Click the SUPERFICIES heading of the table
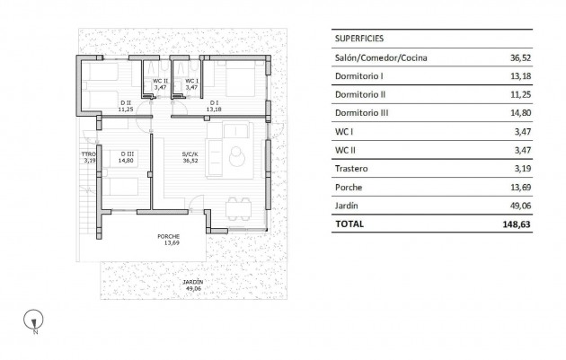pos(359,40)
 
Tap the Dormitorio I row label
pos(358,76)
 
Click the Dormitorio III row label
pos(361,113)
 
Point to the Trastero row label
pos(351,168)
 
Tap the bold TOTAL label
pos(349,224)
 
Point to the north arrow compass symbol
pos(33,319)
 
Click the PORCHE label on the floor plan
pos(169,237)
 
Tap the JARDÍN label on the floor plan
pos(192,282)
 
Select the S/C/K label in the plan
pos(189,154)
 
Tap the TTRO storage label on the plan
pos(88,154)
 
